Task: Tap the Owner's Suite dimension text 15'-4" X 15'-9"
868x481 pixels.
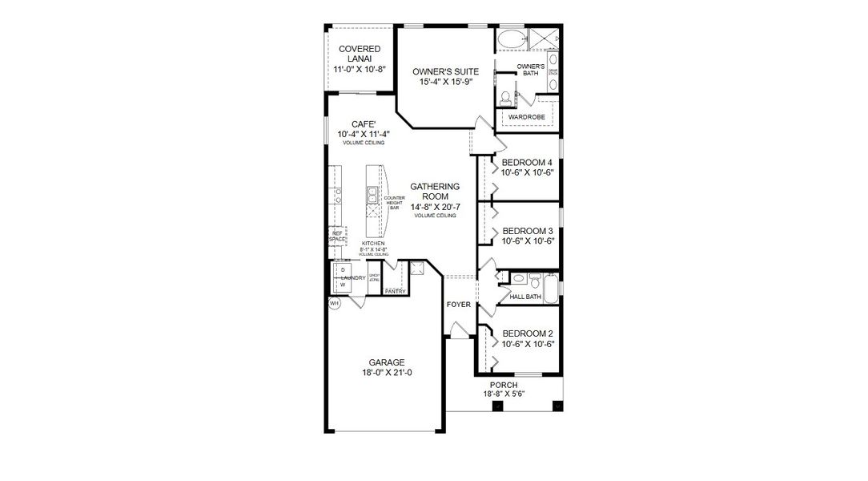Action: point(443,82)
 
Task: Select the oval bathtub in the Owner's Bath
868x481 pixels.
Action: point(509,38)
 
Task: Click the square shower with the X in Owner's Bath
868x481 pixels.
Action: point(542,38)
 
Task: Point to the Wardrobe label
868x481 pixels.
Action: point(526,117)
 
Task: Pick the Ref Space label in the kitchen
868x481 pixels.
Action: point(337,236)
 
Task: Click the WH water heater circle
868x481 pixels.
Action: point(335,304)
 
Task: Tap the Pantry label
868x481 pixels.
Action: point(395,292)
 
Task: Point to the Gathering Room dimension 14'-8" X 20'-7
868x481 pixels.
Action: point(435,207)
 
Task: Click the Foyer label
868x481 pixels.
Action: point(459,305)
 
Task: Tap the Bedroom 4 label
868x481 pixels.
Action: point(528,162)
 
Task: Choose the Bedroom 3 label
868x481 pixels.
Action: point(528,230)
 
